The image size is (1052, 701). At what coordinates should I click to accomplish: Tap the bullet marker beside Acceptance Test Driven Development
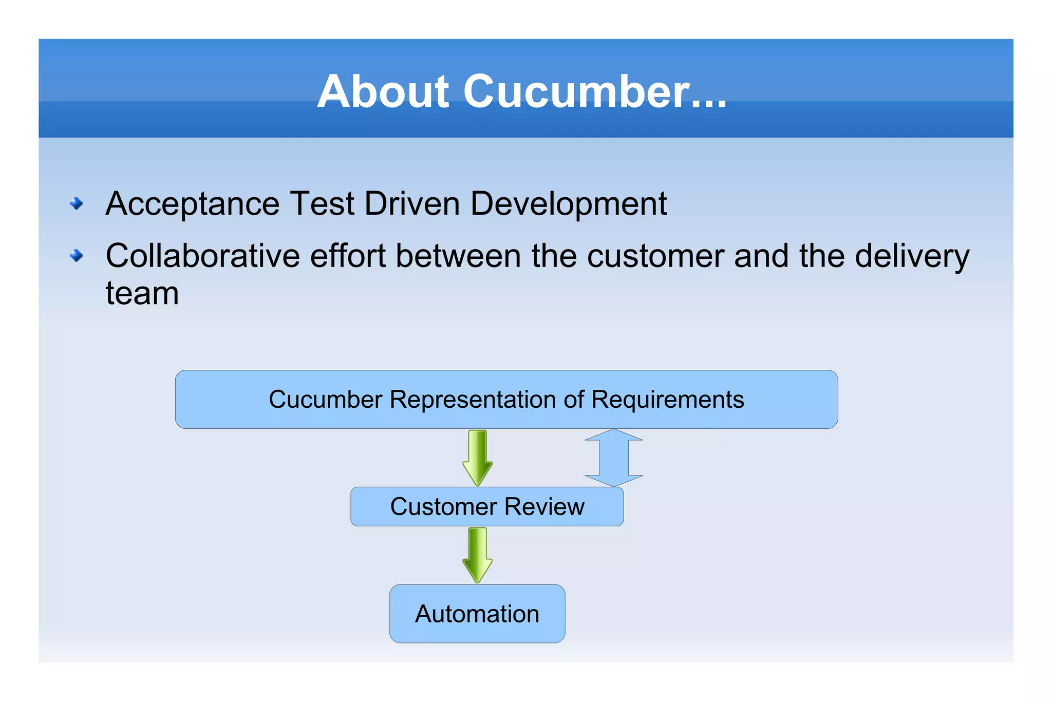click(x=77, y=204)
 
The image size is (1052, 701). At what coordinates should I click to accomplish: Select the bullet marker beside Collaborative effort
click(x=77, y=255)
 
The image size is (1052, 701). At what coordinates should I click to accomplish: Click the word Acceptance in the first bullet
click(x=192, y=204)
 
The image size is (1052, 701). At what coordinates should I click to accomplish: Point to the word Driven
click(x=411, y=203)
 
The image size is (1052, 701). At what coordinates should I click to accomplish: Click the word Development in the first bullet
click(x=568, y=204)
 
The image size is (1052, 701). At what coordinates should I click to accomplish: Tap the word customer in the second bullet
click(x=655, y=256)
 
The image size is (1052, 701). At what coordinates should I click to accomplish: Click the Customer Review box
click(x=487, y=506)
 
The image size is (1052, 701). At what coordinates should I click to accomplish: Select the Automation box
click(x=477, y=614)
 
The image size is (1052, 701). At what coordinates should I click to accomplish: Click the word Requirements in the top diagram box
click(x=667, y=400)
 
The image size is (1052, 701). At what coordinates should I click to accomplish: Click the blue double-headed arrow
click(x=614, y=458)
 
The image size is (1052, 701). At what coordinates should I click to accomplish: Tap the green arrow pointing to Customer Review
click(x=477, y=458)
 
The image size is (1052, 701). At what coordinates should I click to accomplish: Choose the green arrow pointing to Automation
click(x=477, y=555)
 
